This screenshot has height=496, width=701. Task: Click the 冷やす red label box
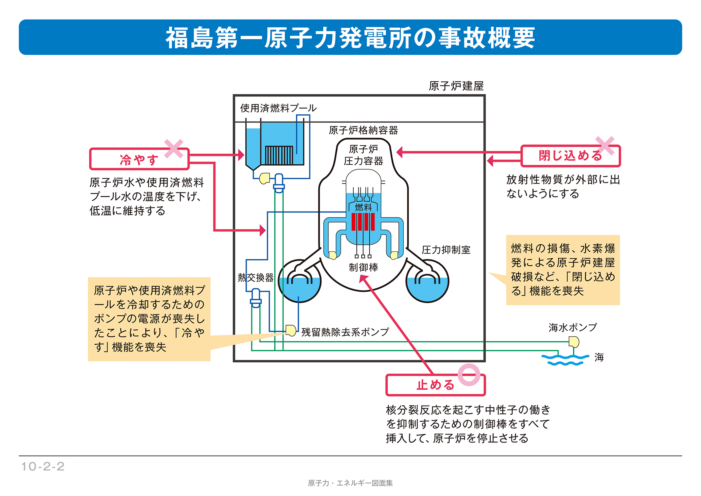tap(139, 160)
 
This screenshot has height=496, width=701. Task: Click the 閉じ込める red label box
tap(570, 156)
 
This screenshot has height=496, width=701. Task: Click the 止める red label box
tap(435, 385)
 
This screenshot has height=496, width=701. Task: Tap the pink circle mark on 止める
tap(469, 374)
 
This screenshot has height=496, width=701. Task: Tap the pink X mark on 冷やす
tap(174, 149)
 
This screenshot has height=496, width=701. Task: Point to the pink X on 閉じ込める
tap(605, 146)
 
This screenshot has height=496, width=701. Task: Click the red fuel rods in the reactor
tap(363, 222)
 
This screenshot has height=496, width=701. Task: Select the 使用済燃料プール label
tap(278, 108)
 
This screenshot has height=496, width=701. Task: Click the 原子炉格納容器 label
tap(363, 130)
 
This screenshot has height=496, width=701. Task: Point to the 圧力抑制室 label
tap(446, 250)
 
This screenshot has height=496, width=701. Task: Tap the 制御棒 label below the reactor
tap(363, 267)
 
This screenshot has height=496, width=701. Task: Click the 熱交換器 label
tap(255, 277)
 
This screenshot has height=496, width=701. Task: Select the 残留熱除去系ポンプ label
tap(345, 332)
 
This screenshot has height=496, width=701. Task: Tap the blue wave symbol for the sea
tap(565, 360)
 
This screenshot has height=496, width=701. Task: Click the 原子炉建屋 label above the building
tap(456, 86)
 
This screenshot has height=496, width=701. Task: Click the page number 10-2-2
tap(43, 466)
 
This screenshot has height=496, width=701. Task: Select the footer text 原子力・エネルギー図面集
tap(350, 483)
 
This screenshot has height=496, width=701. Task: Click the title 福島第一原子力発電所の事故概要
tap(350, 38)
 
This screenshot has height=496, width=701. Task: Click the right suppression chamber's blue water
tap(427, 291)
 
